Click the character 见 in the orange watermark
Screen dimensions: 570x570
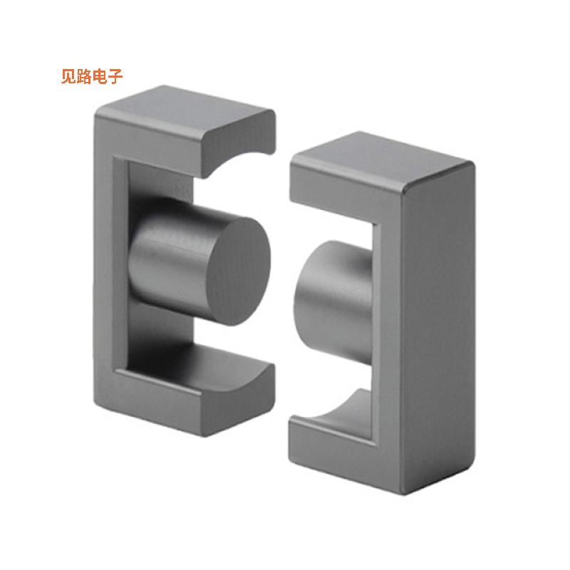coord(70,77)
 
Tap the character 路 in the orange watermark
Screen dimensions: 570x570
coord(85,77)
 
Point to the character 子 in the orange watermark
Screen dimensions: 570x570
coord(116,77)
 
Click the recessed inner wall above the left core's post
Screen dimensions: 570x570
coord(160,185)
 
